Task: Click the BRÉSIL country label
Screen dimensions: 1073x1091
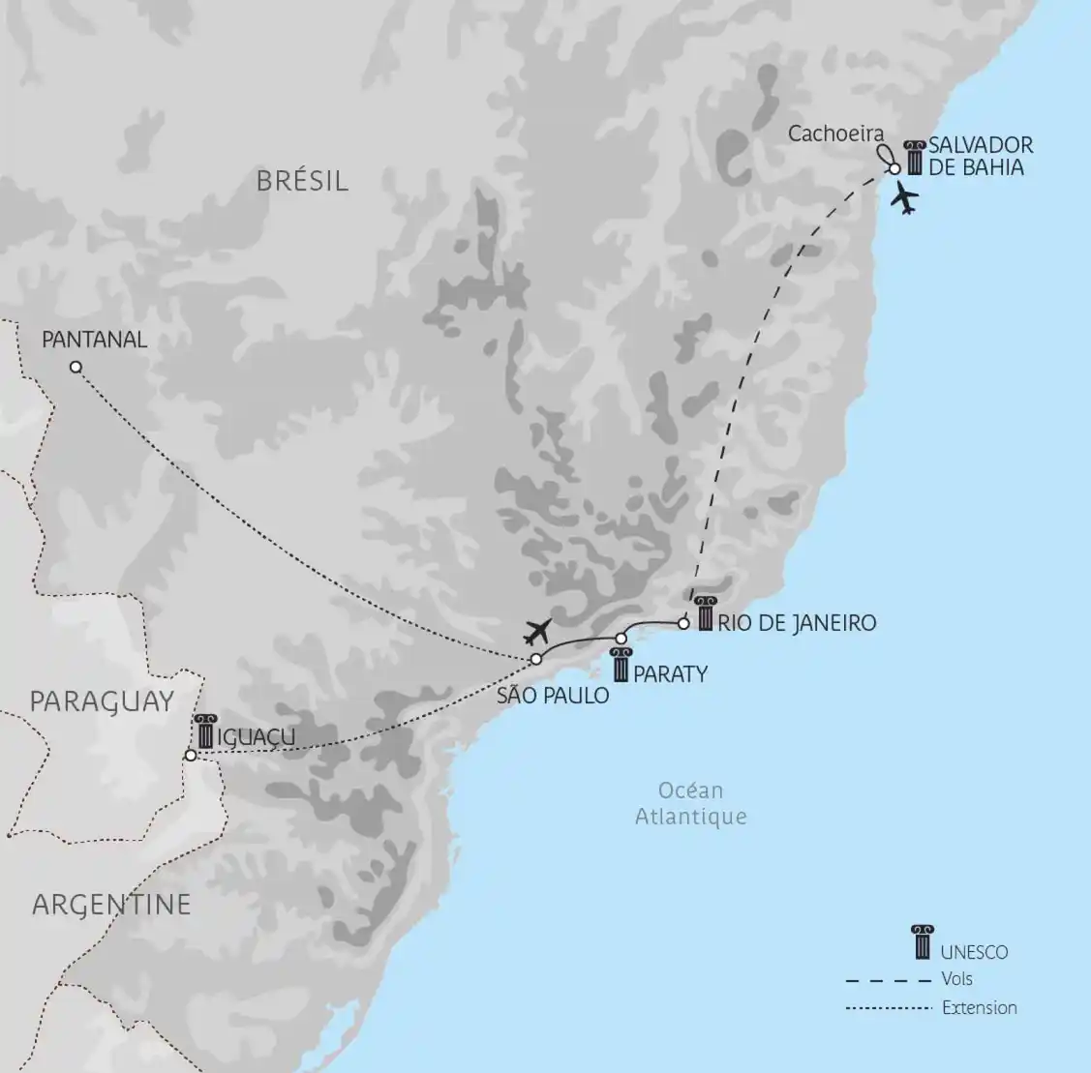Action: pyautogui.click(x=302, y=180)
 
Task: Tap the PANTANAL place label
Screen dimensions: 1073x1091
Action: pyautogui.click(x=95, y=339)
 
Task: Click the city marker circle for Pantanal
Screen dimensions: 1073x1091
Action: pyautogui.click(x=76, y=367)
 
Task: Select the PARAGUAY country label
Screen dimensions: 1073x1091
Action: pyautogui.click(x=102, y=700)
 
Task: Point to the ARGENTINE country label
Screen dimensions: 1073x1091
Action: pyautogui.click(x=111, y=905)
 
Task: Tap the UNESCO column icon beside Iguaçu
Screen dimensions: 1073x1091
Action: pyautogui.click(x=203, y=731)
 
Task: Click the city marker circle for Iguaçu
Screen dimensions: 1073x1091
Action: pyautogui.click(x=191, y=756)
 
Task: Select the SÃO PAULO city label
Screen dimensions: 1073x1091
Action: pyautogui.click(x=554, y=695)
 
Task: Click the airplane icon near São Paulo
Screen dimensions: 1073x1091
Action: pyautogui.click(x=535, y=632)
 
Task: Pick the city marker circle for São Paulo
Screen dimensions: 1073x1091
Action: pyautogui.click(x=535, y=660)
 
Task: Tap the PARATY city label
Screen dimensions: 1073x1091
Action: pyautogui.click(x=670, y=673)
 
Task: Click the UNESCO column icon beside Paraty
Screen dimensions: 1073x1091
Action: pyautogui.click(x=621, y=666)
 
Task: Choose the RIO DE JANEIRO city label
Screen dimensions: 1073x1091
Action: pyautogui.click(x=798, y=622)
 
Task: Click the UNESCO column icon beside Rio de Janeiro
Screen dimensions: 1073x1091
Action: pyautogui.click(x=705, y=614)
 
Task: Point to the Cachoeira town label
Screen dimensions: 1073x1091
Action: pyautogui.click(x=836, y=134)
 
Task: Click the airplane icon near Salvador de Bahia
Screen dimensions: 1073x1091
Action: pyautogui.click(x=905, y=198)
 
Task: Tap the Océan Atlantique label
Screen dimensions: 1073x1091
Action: pyautogui.click(x=691, y=803)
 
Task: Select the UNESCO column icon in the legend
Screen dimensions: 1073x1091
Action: pyautogui.click(x=922, y=942)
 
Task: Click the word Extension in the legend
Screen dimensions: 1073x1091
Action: pyautogui.click(x=980, y=1007)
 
